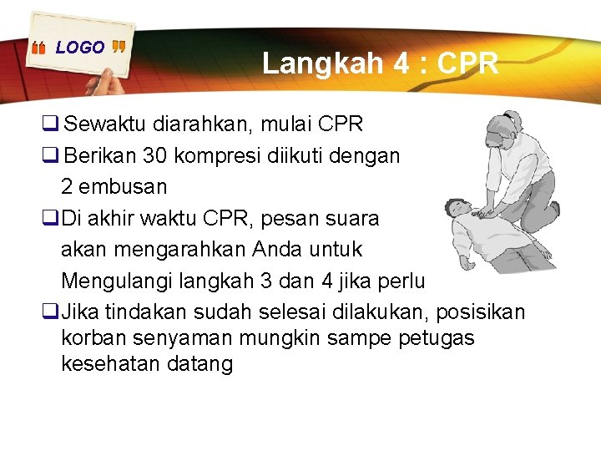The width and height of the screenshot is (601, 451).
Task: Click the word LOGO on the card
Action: pos(80,48)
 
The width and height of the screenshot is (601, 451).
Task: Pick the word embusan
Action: pos(126,186)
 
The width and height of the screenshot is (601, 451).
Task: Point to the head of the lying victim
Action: pos(457,208)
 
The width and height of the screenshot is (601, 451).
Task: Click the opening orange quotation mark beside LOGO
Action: pos(38,48)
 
